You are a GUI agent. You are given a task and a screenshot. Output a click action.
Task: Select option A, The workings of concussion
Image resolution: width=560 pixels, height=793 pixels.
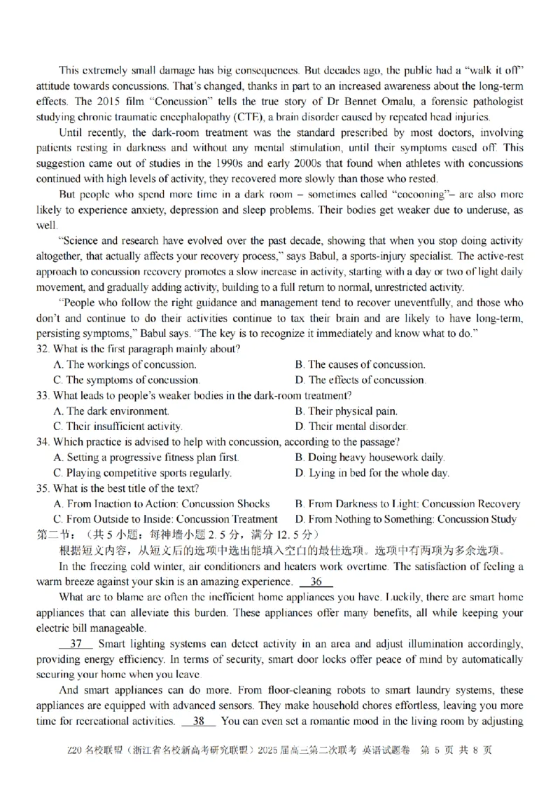tap(125, 365)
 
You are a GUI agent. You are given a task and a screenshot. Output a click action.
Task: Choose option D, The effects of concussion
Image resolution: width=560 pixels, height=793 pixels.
tap(360, 380)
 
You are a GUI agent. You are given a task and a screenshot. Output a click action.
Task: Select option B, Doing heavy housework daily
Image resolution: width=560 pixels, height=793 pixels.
tap(370, 457)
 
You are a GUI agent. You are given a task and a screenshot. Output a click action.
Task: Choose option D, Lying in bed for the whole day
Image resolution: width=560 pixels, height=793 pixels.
tap(372, 473)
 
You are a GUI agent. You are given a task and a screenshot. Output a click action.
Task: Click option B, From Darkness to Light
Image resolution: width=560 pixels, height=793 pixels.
tap(407, 504)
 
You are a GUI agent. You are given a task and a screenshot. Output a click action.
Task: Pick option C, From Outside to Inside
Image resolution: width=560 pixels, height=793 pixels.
tap(165, 519)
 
